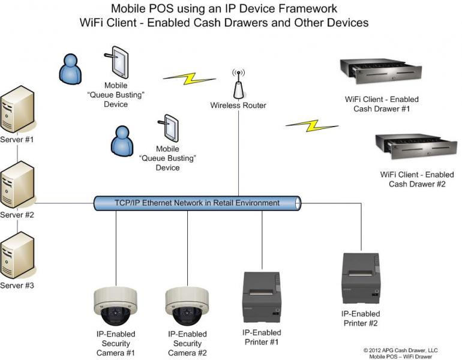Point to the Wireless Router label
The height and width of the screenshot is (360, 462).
[238, 106]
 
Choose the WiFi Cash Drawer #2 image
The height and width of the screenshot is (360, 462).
[412, 149]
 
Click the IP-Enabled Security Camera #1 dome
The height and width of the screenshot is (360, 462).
[116, 307]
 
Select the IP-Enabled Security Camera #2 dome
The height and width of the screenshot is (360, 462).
[187, 307]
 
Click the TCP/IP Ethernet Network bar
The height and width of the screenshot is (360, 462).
[197, 203]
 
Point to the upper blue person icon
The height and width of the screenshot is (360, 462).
[70, 68]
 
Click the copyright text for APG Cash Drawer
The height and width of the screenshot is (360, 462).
[401, 350]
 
